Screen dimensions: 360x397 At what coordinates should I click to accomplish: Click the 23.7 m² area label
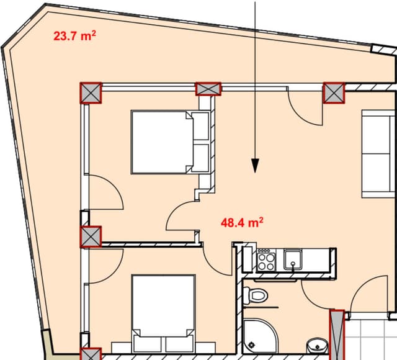74,36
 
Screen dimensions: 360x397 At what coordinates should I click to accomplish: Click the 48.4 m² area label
243,221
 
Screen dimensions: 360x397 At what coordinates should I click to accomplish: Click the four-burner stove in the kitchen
266,259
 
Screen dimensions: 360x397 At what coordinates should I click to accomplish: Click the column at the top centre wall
208,89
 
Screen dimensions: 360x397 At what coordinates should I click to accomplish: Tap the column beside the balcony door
334,93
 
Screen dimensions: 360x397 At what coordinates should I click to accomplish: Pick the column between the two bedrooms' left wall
91,236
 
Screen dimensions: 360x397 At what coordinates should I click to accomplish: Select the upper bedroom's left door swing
105,192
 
